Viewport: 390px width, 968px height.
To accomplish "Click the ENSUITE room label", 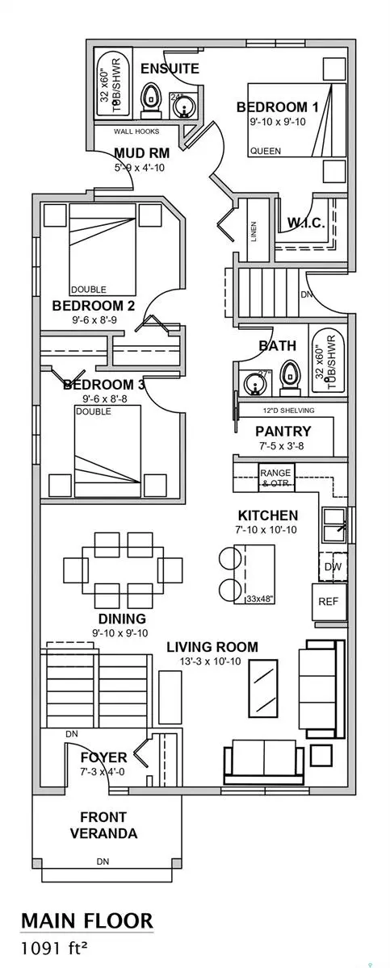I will click(x=170, y=69).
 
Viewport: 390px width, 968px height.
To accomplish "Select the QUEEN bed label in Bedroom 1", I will click(x=266, y=151).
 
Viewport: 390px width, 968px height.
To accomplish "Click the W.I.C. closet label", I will click(x=306, y=223).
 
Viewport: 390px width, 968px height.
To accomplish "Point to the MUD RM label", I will click(x=140, y=153).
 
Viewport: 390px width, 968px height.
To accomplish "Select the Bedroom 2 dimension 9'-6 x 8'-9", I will click(x=93, y=320).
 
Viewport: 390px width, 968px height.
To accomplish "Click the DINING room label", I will click(x=121, y=619).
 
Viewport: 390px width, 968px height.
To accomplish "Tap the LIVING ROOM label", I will click(x=212, y=647).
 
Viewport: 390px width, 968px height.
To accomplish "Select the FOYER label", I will click(x=103, y=758).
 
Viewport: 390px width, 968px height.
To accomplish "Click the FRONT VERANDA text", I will click(x=103, y=825).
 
